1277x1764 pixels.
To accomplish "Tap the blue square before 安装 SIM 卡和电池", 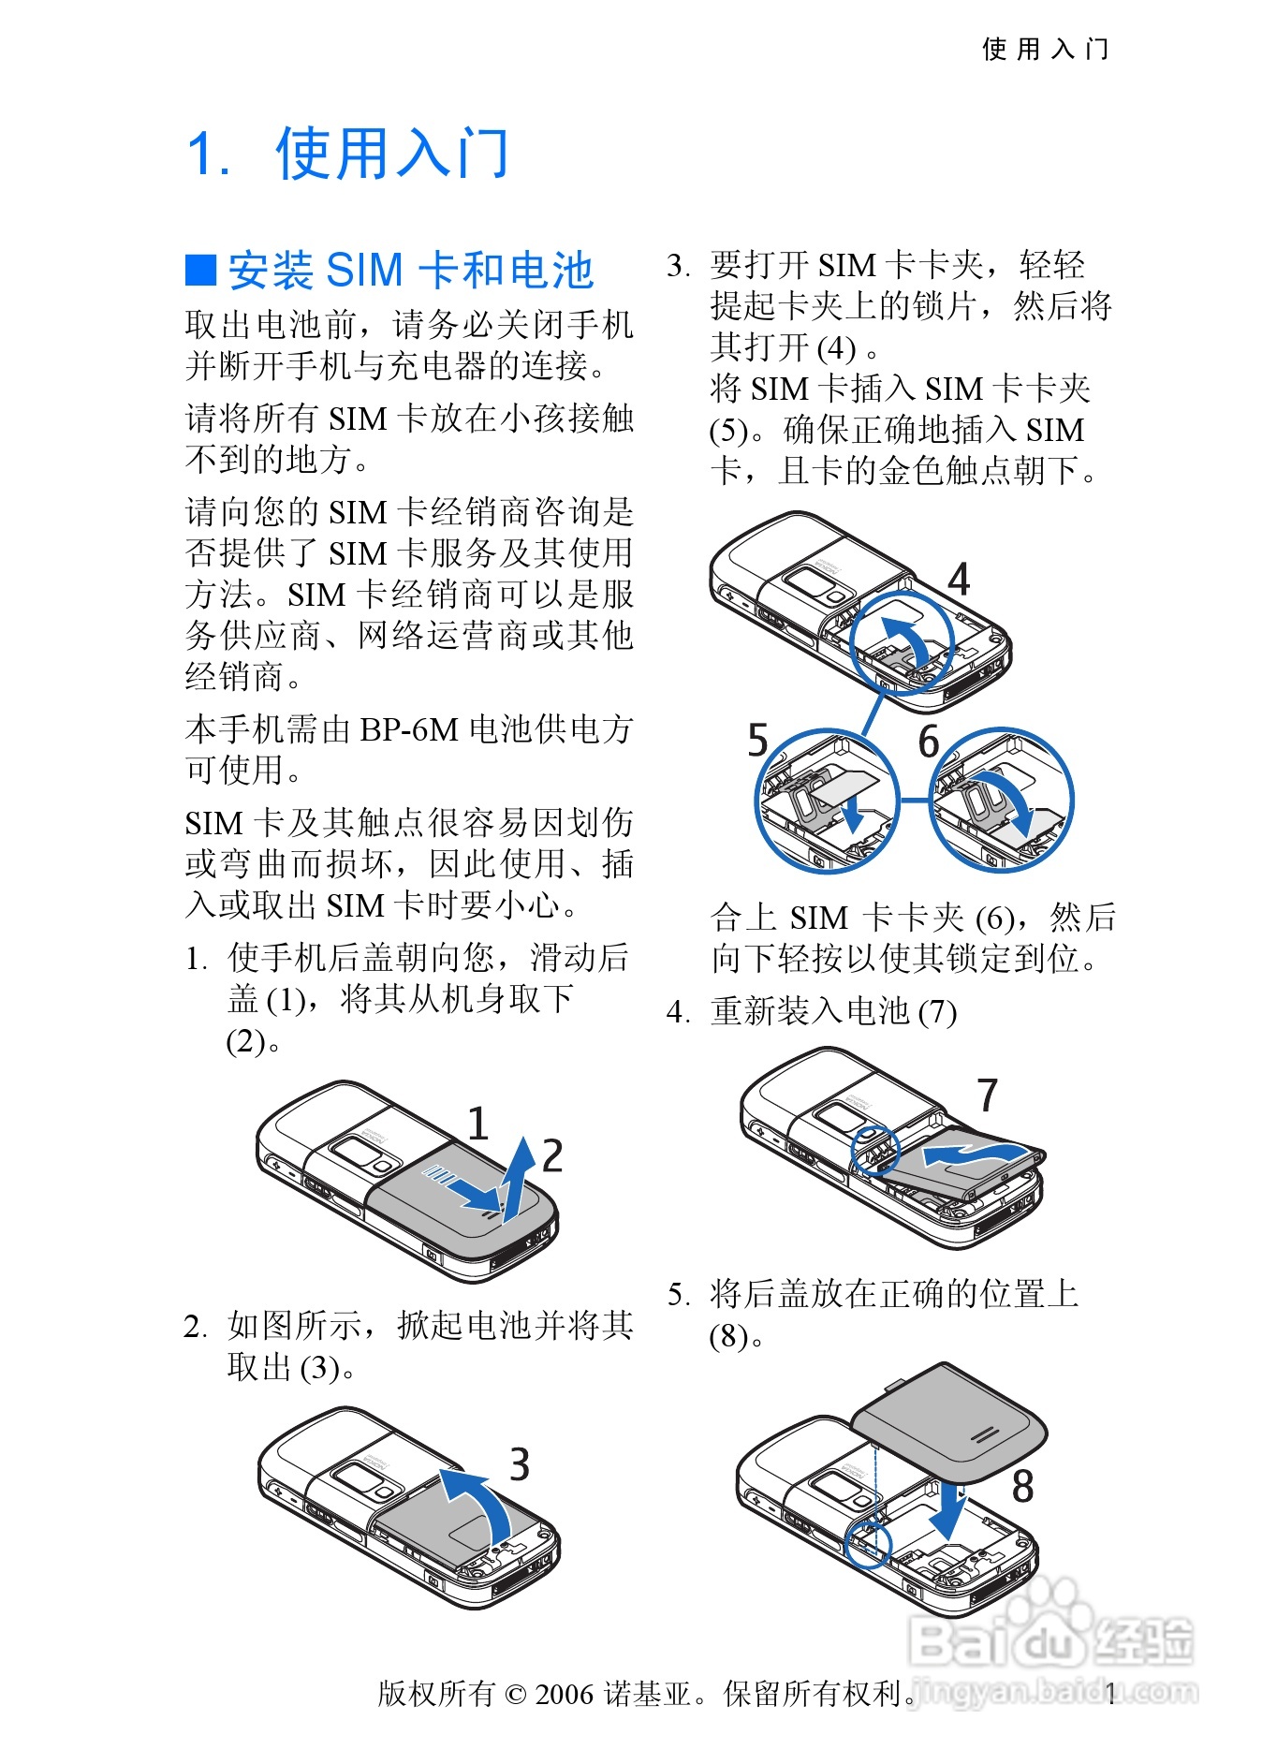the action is (x=201, y=270).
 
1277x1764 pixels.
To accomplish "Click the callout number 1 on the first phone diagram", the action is (x=477, y=1124).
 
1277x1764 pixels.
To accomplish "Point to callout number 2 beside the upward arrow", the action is (x=552, y=1156).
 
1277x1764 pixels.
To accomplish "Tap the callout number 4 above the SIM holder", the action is (x=959, y=580).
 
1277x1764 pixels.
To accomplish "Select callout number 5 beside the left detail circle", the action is (x=757, y=741).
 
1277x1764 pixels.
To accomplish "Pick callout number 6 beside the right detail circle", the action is (x=928, y=742).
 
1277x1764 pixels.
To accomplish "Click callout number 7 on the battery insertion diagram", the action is (x=988, y=1095).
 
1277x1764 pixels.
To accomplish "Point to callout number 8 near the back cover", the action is (x=1023, y=1487).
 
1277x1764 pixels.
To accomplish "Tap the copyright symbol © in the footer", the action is (x=516, y=1694).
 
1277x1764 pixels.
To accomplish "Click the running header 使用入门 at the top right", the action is (x=1045, y=49).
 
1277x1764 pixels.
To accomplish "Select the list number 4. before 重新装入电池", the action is (x=678, y=1012).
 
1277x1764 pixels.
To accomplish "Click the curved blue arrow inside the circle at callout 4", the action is (x=904, y=638).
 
